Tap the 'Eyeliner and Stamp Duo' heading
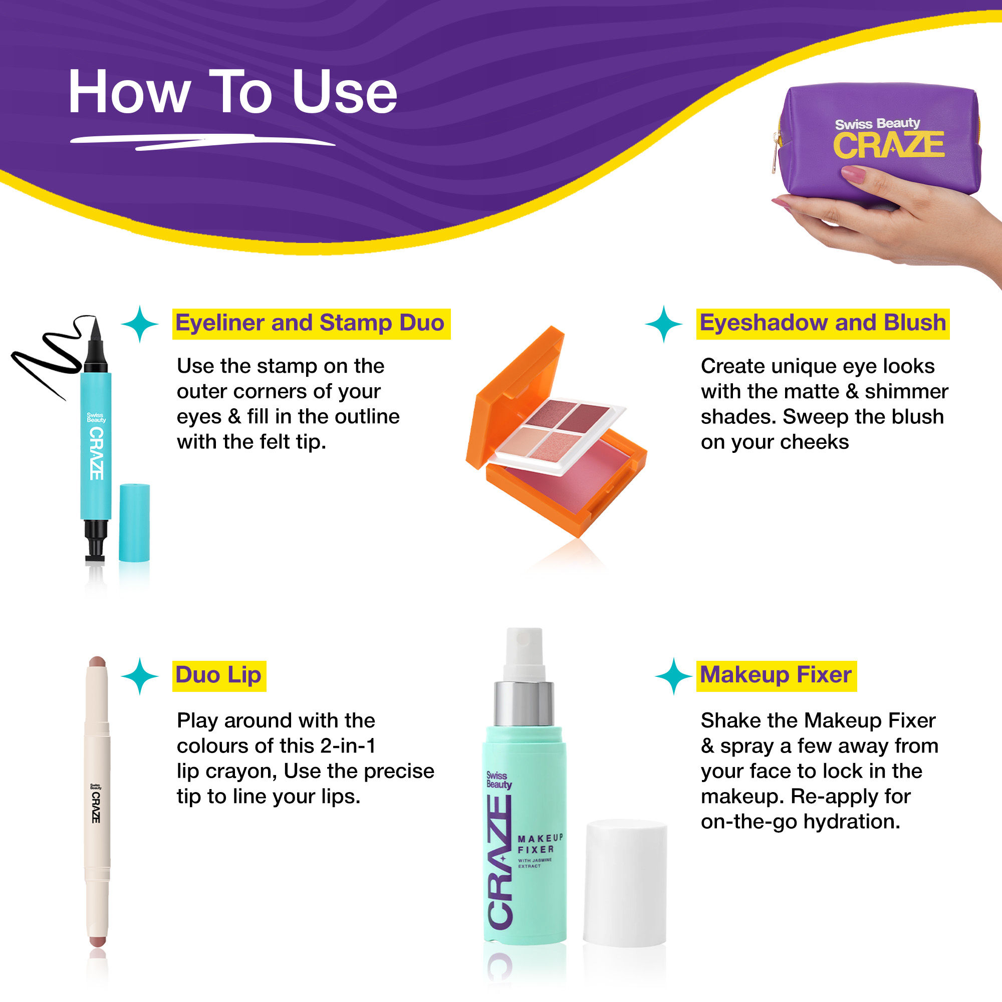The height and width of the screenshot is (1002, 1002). [310, 323]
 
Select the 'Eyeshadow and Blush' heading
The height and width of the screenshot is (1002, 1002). [823, 323]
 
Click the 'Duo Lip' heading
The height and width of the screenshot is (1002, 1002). [218, 675]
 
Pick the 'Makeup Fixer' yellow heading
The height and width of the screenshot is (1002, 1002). [776, 675]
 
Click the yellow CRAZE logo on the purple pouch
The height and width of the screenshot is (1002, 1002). [888, 145]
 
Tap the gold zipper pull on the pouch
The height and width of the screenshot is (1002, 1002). [777, 156]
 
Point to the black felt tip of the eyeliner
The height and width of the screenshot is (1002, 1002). [95, 337]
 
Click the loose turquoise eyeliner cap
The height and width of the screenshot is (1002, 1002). [134, 522]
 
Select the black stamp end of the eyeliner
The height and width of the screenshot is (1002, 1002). [95, 542]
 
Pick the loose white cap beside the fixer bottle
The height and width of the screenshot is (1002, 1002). [625, 882]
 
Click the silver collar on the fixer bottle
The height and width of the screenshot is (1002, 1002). [524, 704]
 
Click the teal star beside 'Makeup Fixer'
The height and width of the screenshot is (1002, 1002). [673, 676]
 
